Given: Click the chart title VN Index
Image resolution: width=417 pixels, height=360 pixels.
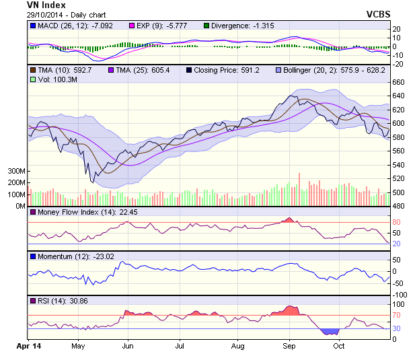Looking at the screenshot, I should point(46,5).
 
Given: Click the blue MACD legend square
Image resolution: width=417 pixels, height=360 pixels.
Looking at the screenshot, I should point(32,26).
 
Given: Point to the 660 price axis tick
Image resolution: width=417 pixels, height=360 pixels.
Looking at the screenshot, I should point(399,82).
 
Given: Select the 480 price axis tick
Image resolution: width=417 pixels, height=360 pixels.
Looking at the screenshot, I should point(399,206).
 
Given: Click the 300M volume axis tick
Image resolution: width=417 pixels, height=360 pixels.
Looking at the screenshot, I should point(16,172).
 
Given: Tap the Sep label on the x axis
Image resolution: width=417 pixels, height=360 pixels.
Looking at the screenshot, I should point(289,346).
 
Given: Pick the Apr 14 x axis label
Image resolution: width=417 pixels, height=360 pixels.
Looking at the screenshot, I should point(28,346).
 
